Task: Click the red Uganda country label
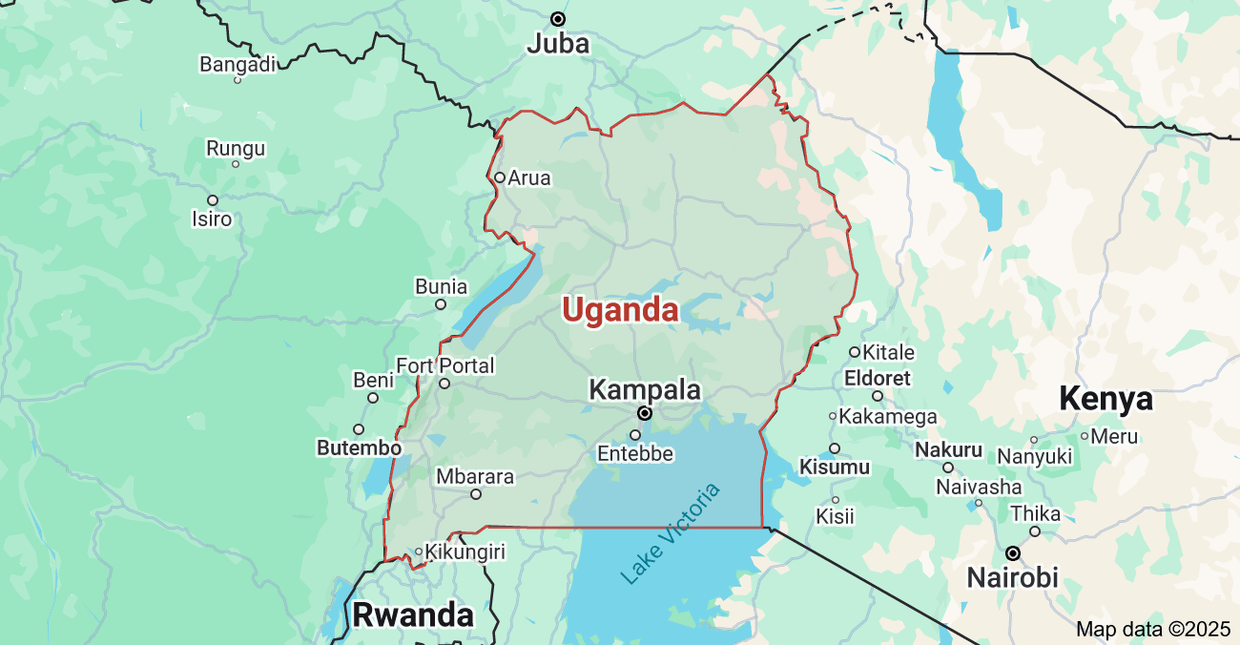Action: (x=620, y=310)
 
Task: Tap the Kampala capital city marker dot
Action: (x=645, y=413)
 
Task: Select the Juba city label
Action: (x=558, y=44)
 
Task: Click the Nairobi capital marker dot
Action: (x=1013, y=553)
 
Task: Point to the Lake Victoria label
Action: (x=671, y=534)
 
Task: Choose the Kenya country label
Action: (x=1106, y=399)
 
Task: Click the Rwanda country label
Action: (x=413, y=615)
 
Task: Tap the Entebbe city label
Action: (x=635, y=454)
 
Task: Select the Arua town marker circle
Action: (x=499, y=177)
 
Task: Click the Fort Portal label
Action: (x=445, y=365)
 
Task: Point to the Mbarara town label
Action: (x=475, y=476)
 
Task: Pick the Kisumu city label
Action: (x=835, y=468)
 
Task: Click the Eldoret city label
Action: (x=878, y=378)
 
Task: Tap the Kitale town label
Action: (x=888, y=352)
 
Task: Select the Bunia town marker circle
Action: (x=441, y=304)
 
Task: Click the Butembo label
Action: (x=359, y=447)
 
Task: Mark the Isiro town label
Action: (x=212, y=218)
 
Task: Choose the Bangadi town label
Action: (x=238, y=64)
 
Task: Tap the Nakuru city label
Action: (x=948, y=449)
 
